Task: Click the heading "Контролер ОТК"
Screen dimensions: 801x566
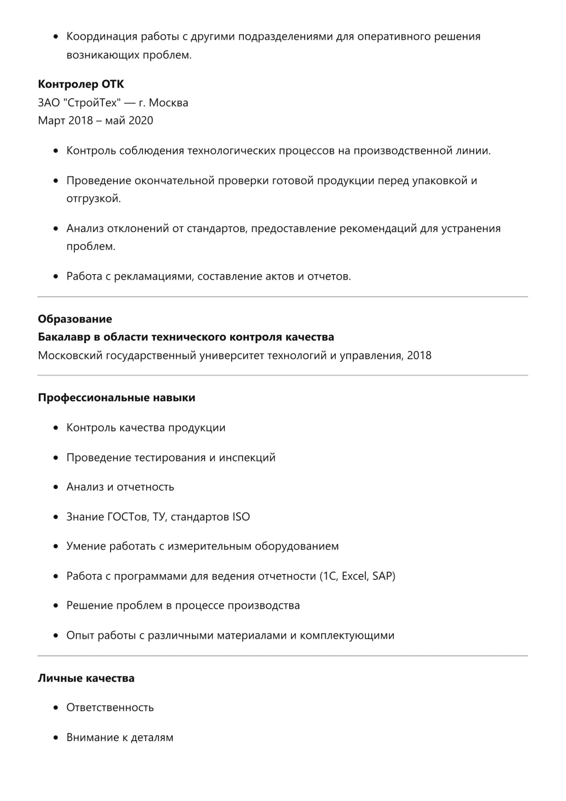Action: pos(81,84)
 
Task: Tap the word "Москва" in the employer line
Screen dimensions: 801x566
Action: pos(169,102)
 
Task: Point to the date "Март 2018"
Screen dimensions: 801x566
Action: pos(65,121)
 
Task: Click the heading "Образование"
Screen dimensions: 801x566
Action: pos(75,319)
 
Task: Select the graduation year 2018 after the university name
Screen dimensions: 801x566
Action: pos(419,355)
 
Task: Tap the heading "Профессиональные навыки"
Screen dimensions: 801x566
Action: pos(116,398)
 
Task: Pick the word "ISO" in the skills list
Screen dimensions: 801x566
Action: pos(241,517)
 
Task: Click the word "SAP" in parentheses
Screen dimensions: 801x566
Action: pos(382,576)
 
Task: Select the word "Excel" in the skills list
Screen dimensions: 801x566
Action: pos(354,576)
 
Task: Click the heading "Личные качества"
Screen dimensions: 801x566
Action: pos(86,678)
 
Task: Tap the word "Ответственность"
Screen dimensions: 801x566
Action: pos(110,708)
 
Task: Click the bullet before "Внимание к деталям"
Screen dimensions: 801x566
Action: pos(56,737)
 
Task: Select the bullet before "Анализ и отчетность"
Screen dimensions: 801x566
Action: pos(56,487)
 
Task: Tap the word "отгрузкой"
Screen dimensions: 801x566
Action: pos(94,199)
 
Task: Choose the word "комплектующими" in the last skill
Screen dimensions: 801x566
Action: pos(347,636)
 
